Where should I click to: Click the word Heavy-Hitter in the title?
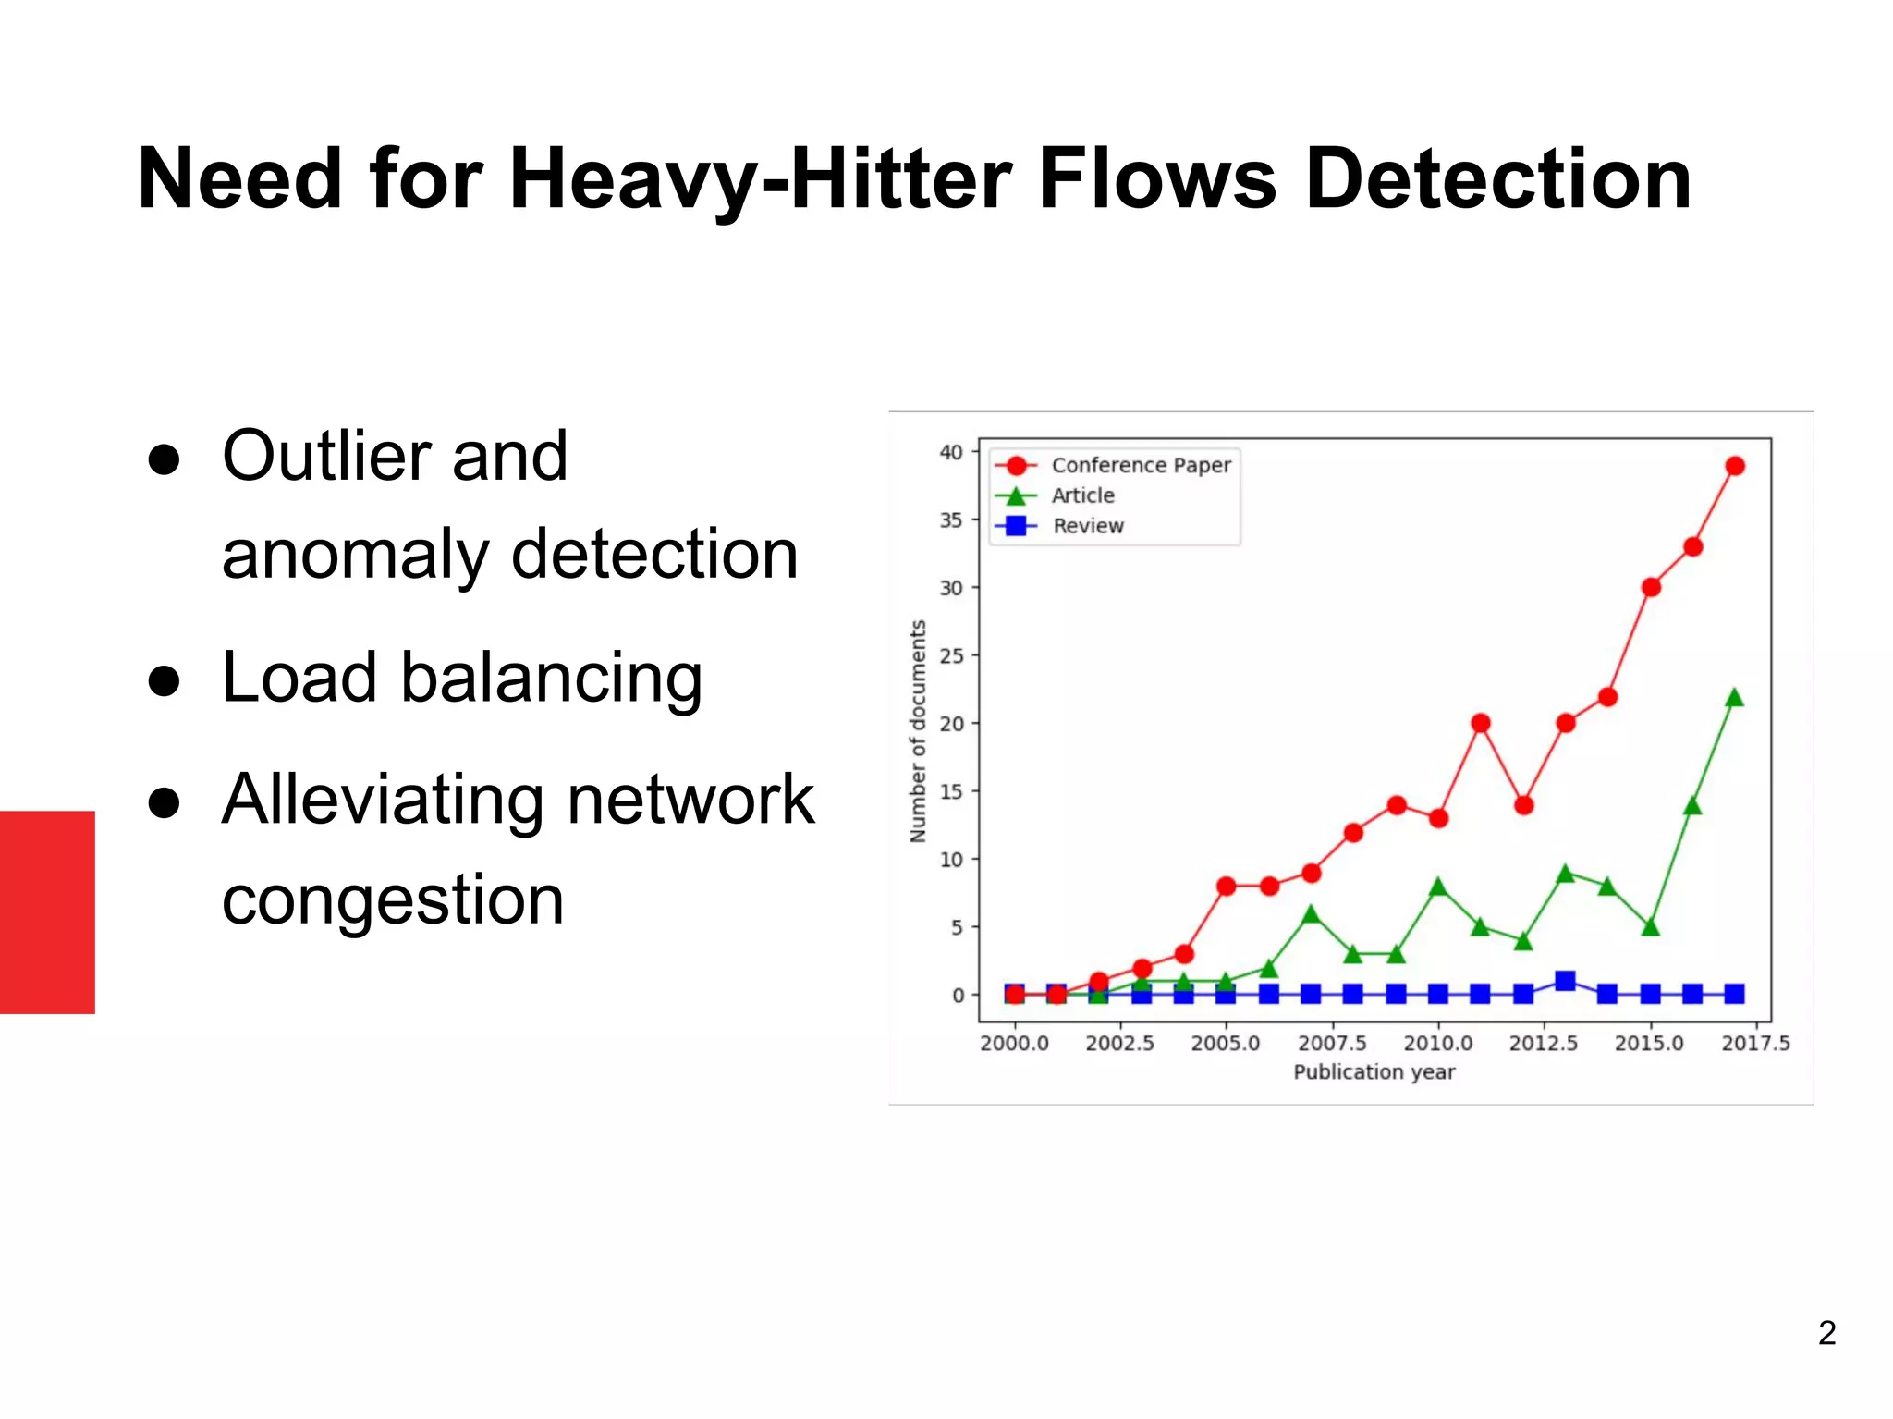[x=763, y=180]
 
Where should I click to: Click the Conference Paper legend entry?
[x=1141, y=465]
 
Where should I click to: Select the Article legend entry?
[x=1082, y=495]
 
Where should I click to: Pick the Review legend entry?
[x=1088, y=526]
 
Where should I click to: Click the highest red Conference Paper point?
[x=1735, y=466]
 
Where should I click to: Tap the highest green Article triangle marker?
[x=1735, y=698]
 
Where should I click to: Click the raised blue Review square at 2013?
[x=1565, y=981]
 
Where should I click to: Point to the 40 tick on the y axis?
[x=951, y=452]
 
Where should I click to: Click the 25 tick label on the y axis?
[x=951, y=655]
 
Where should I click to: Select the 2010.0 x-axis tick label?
[x=1437, y=1043]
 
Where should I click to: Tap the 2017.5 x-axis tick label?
[x=1755, y=1043]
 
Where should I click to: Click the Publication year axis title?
[x=1374, y=1071]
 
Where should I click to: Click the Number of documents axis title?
[x=918, y=730]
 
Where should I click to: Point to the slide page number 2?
[x=1826, y=1332]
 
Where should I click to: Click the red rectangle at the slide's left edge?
[x=47, y=911]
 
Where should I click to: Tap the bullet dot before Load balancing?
[x=164, y=681]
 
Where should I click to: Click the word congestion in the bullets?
[x=393, y=899]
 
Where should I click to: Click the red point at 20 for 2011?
[x=1481, y=723]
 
